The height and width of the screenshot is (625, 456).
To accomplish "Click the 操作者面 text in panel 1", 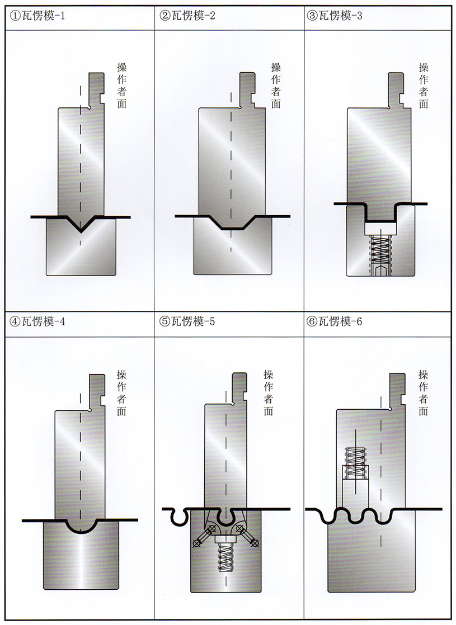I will coord(121,84).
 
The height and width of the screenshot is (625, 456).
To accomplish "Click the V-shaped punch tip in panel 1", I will coord(82,227).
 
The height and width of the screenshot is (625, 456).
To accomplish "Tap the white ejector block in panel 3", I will coord(380,228).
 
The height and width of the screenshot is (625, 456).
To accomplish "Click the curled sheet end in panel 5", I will coord(177,518).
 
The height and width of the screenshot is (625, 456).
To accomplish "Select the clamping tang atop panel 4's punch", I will coord(98,391).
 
